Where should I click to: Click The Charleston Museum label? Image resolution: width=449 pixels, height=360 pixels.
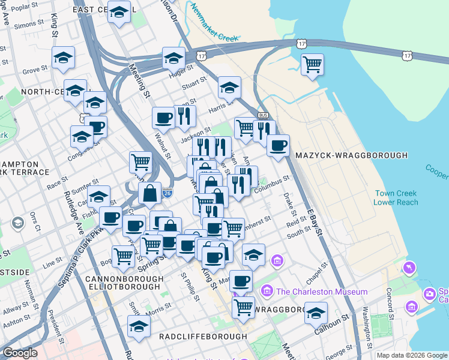[322, 292]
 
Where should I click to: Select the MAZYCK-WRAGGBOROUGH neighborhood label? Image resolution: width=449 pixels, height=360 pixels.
[352, 156]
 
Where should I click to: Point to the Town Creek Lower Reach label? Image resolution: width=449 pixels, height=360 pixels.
[396, 197]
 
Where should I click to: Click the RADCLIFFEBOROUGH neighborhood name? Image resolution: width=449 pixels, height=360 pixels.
[203, 337]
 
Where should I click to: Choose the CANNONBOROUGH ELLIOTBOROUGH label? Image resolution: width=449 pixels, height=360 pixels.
[124, 284]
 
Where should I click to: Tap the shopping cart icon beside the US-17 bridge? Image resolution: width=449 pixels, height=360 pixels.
[312, 64]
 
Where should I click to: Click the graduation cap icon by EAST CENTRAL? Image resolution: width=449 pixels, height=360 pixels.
[119, 11]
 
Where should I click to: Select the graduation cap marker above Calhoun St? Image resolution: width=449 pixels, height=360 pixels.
[316, 313]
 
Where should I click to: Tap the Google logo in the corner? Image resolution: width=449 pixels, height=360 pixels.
[20, 353]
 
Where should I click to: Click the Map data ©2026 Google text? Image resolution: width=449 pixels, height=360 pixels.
[412, 355]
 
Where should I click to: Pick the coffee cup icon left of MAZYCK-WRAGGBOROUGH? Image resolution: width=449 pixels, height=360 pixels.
[278, 145]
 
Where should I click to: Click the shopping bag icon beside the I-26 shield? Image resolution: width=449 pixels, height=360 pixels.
[149, 193]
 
